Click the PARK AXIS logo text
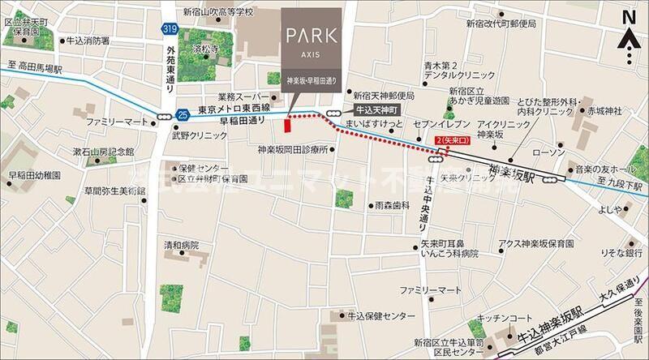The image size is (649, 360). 313,40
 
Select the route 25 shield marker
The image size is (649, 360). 183,114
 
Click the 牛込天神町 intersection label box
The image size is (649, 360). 373,108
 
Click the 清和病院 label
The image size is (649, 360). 181,244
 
